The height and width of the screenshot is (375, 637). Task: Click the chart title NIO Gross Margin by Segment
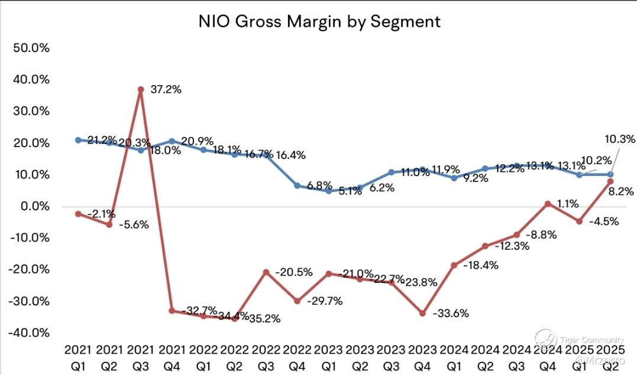[319, 22]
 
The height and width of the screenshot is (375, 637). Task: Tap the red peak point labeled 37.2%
[140, 89]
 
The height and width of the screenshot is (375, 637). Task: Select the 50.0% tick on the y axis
[30, 48]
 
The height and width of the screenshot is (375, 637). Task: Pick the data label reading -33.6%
[451, 314]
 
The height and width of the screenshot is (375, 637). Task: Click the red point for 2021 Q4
[172, 311]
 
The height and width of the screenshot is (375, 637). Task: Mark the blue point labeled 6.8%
[296, 185]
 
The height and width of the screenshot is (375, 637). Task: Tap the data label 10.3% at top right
[619, 139]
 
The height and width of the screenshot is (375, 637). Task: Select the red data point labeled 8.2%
[610, 181]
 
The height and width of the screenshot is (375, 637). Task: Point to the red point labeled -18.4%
[454, 265]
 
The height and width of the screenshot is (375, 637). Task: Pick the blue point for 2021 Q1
[78, 140]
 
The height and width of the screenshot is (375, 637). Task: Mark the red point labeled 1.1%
[548, 204]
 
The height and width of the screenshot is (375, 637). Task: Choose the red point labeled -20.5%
[266, 272]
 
